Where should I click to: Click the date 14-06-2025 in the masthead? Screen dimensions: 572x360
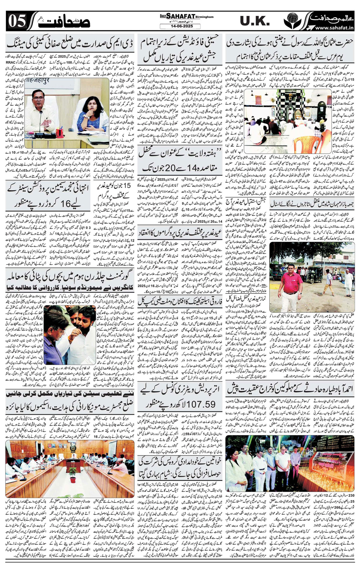click(x=177, y=26)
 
